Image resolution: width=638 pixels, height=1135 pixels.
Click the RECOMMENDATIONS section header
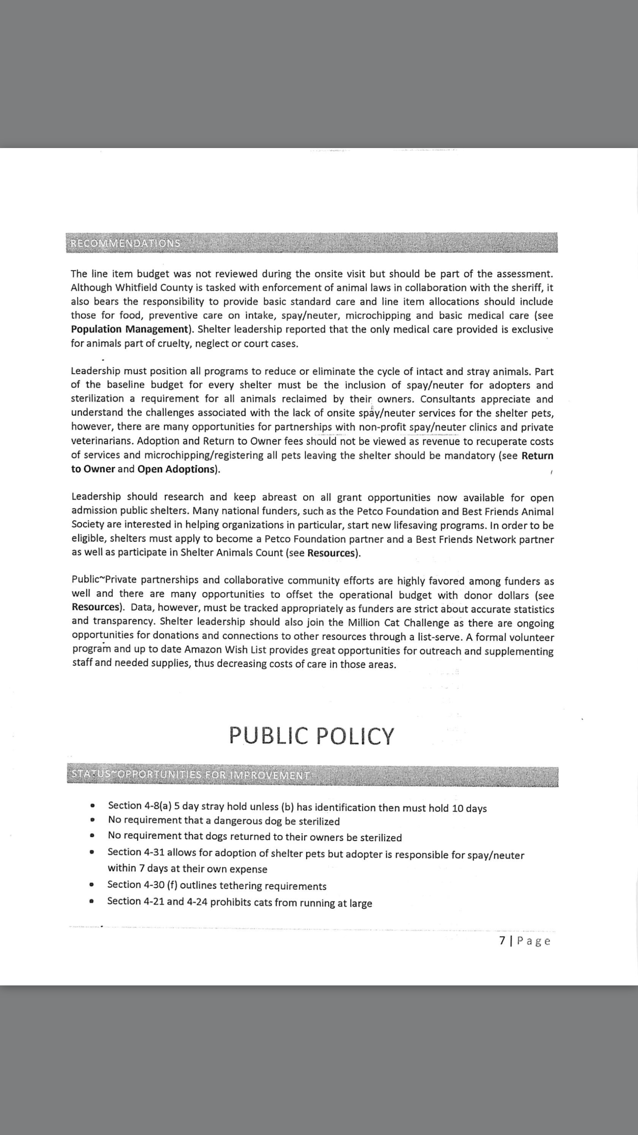(x=125, y=243)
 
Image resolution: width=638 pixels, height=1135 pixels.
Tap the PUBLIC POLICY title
(x=311, y=736)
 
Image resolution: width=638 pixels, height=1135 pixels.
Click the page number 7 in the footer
(x=502, y=941)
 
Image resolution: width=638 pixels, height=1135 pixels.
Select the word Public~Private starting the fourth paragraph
(x=105, y=580)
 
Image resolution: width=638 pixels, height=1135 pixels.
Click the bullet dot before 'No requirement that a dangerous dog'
(x=92, y=821)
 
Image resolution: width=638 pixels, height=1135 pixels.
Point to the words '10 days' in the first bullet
(x=469, y=808)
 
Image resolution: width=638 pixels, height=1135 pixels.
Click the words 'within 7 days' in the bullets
(x=136, y=869)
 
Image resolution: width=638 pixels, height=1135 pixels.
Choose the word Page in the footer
(x=534, y=941)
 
